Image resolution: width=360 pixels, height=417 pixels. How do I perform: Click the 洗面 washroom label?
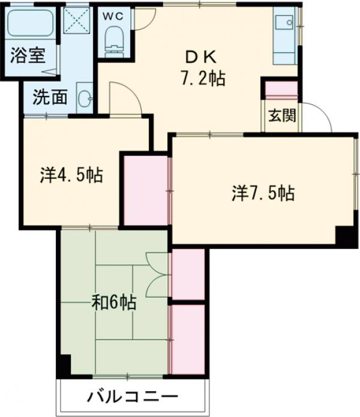(x=50, y=97)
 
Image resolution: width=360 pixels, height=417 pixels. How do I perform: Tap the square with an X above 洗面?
(x=77, y=22)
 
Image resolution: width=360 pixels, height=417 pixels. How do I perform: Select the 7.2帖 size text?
(x=203, y=78)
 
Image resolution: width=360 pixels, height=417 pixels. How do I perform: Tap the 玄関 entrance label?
(x=281, y=116)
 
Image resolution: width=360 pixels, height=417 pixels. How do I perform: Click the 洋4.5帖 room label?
(x=71, y=175)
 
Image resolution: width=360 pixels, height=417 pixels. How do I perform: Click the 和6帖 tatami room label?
(x=113, y=302)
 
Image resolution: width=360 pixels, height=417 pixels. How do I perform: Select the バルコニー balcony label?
(x=133, y=397)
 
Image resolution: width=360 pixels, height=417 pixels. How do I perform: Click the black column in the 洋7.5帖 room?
(x=346, y=236)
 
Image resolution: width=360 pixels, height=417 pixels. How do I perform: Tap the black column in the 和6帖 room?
(x=64, y=364)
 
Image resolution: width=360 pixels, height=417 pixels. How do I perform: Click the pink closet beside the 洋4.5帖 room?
(x=146, y=190)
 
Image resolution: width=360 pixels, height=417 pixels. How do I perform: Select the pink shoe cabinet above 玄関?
(x=281, y=89)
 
